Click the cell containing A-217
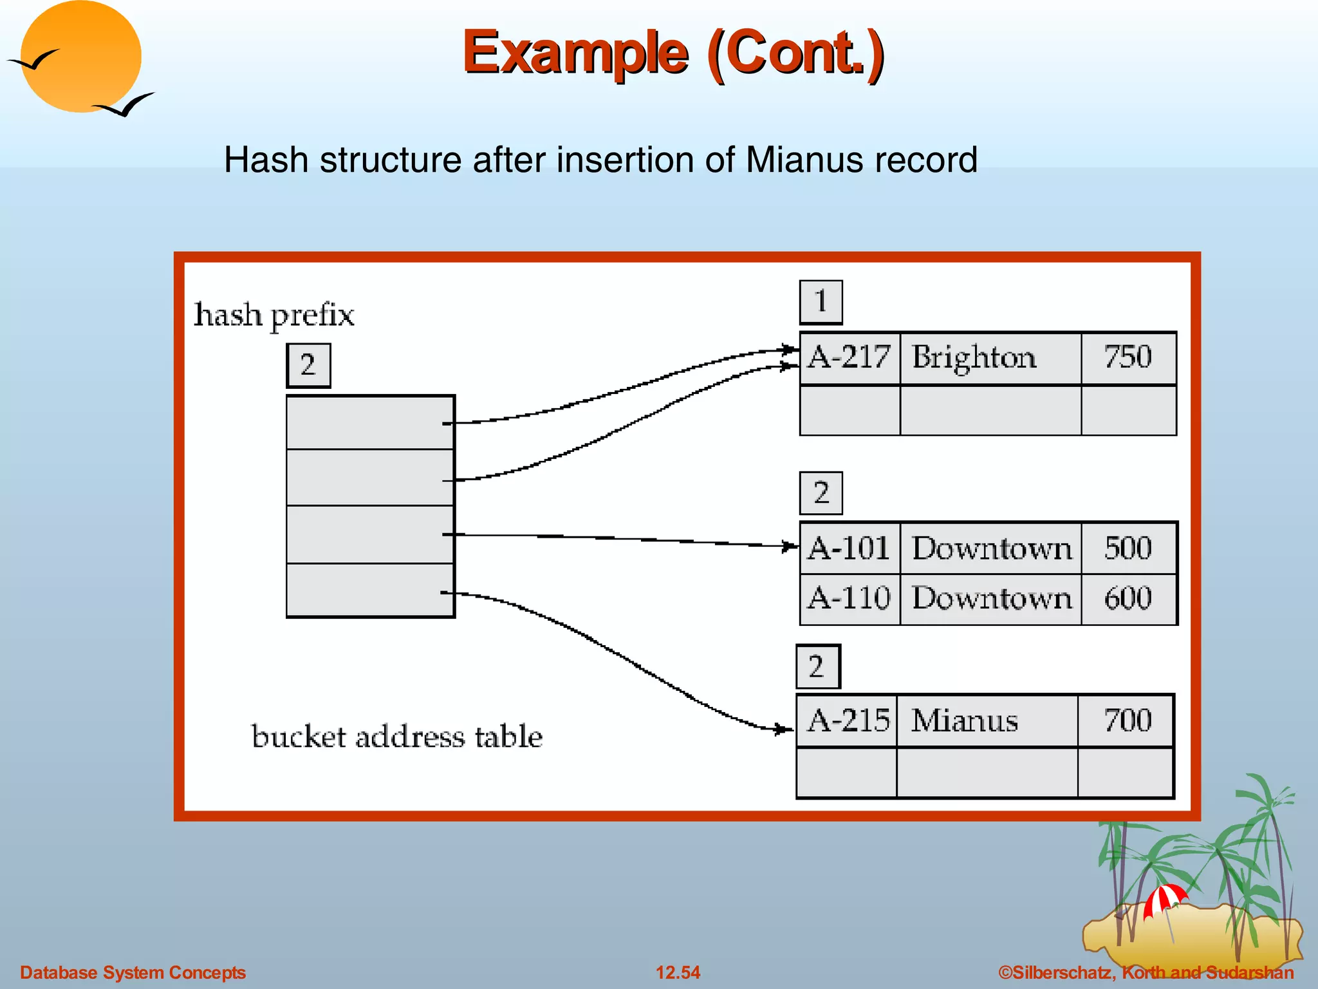(849, 358)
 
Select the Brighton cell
(990, 358)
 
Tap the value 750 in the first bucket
(1128, 358)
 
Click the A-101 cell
(849, 549)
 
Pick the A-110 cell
(849, 599)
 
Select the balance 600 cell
(1128, 599)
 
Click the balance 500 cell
(1128, 549)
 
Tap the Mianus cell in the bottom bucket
(986, 721)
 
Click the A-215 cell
(847, 721)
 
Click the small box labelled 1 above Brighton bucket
(821, 302)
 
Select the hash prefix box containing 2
(308, 365)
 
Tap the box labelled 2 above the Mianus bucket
(817, 666)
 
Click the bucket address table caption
(396, 737)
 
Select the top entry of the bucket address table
(370, 422)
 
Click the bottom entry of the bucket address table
(370, 590)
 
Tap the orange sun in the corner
(80, 57)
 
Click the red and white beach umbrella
(1165, 899)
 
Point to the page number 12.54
(678, 972)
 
